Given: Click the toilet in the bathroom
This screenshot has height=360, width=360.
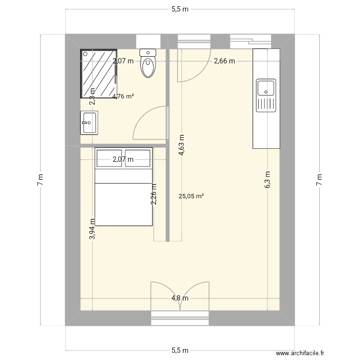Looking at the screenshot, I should click(148, 64).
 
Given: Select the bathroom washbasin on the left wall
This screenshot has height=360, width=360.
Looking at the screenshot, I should click(89, 122).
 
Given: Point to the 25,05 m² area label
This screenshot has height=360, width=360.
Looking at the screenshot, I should click(191, 196).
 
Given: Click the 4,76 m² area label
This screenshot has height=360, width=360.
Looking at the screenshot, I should click(123, 96).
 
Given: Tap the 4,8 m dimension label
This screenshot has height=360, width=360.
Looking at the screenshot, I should click(180, 298).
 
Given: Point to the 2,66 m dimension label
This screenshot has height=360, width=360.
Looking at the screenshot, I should click(225, 61).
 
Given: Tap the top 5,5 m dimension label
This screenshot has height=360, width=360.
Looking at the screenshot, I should click(180, 9).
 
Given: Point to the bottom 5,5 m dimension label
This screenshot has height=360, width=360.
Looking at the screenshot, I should click(180, 351).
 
